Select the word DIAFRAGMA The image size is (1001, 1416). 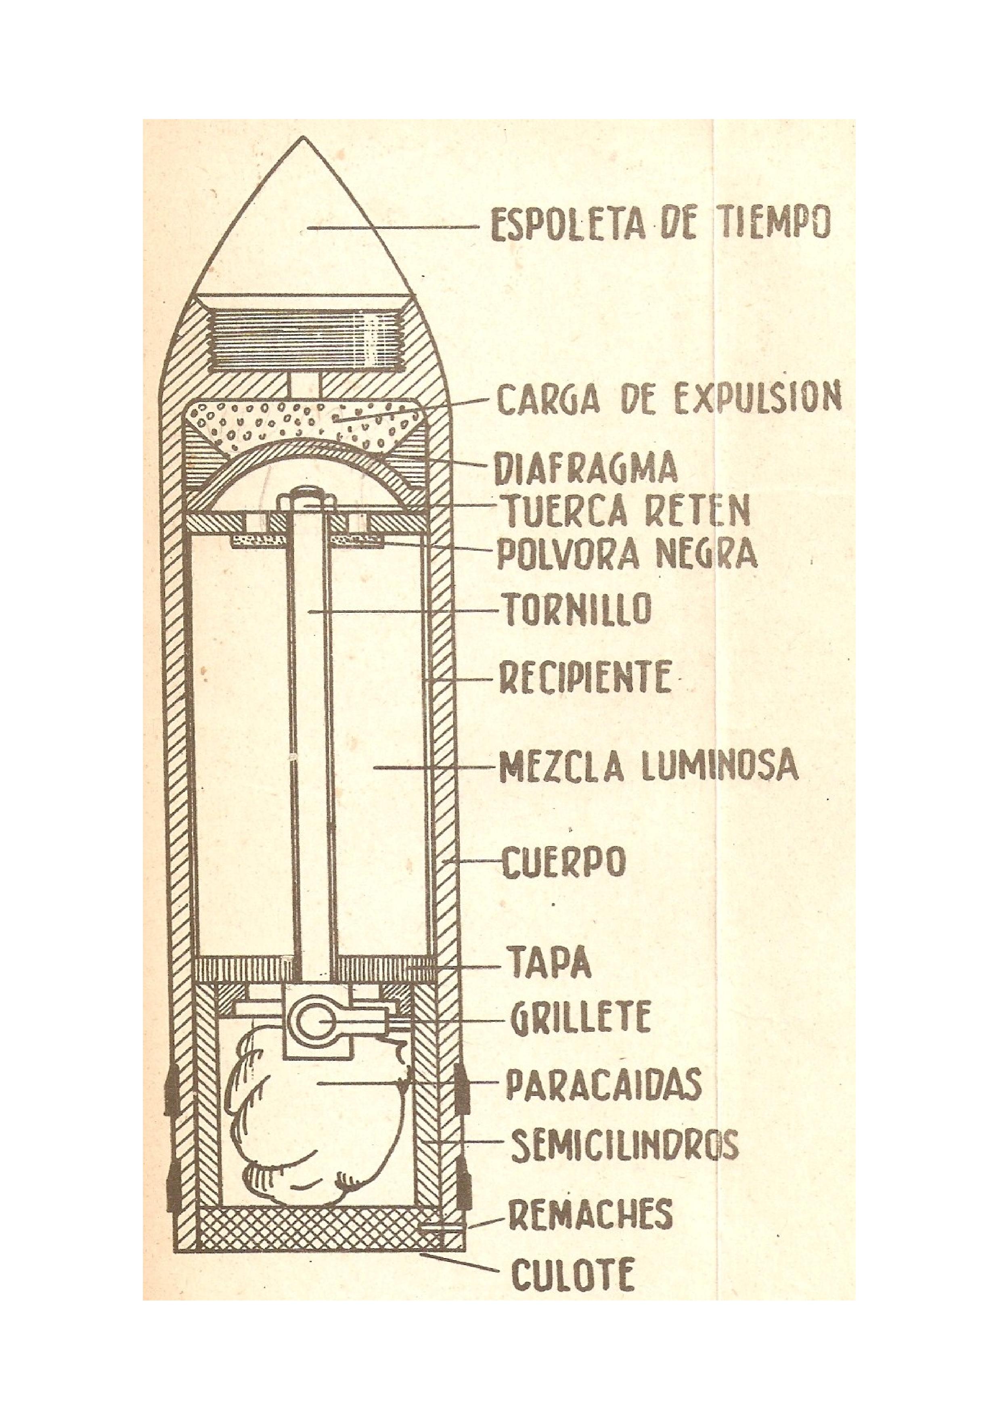pyautogui.click(x=586, y=470)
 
